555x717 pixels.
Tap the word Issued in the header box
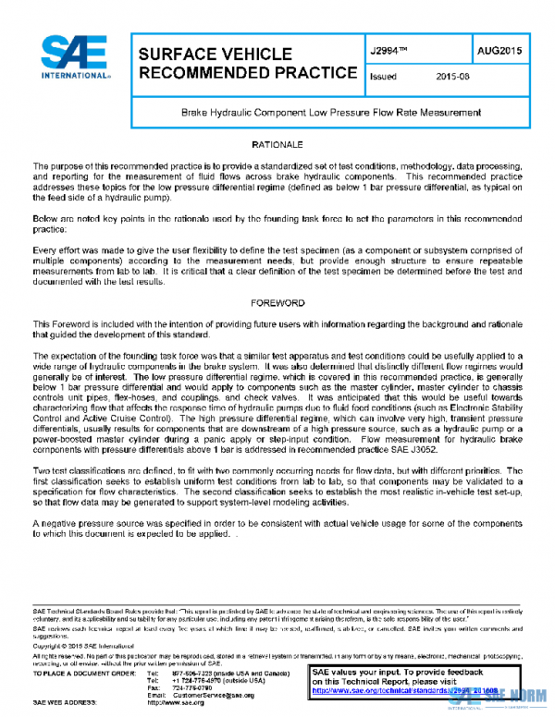tap(383, 78)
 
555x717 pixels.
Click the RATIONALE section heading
tap(277, 146)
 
